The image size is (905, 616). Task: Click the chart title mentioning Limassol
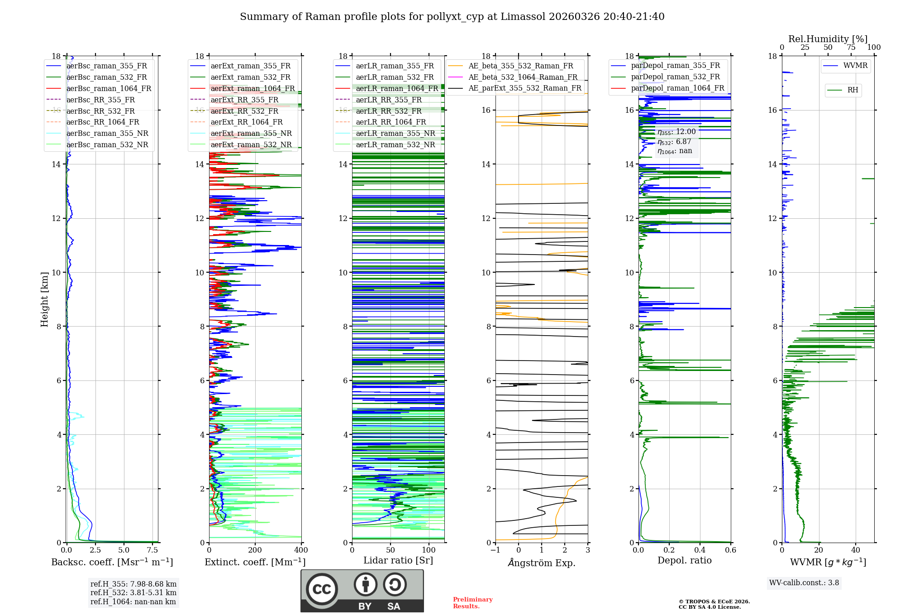pyautogui.click(x=452, y=17)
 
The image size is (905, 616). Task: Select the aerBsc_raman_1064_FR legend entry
pyautogui.click(x=99, y=88)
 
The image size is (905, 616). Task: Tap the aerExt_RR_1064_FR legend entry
pyautogui.click(x=237, y=122)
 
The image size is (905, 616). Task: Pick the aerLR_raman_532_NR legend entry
pyautogui.click(x=386, y=144)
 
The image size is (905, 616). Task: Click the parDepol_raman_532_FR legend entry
pyautogui.click(x=666, y=77)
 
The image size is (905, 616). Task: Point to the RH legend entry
pyautogui.click(x=843, y=90)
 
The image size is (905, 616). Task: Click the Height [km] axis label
pyautogui.click(x=44, y=299)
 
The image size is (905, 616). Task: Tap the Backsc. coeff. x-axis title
pyautogui.click(x=112, y=562)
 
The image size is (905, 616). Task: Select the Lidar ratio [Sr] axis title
pyautogui.click(x=398, y=560)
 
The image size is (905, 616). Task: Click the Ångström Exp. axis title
pyautogui.click(x=542, y=563)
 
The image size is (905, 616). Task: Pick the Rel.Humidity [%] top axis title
pyautogui.click(x=828, y=39)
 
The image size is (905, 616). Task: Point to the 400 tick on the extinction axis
pyautogui.click(x=301, y=550)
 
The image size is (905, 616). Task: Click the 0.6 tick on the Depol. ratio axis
pyautogui.click(x=730, y=550)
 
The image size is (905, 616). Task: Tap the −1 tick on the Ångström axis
pyautogui.click(x=495, y=550)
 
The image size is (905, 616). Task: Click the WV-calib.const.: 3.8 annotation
pyautogui.click(x=804, y=583)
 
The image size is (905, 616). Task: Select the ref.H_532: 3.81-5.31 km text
pyautogui.click(x=133, y=592)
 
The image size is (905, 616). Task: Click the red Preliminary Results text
pyautogui.click(x=473, y=603)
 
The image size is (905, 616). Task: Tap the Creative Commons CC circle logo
pyautogui.click(x=322, y=589)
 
